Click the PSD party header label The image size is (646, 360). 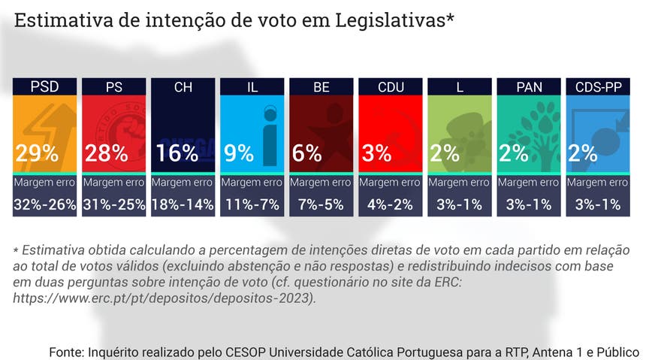[x=44, y=87]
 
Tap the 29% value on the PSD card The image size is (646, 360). [x=37, y=153]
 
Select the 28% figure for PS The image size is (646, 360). [x=106, y=153]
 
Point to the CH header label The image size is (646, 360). [x=183, y=87]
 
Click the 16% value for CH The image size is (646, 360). [x=177, y=153]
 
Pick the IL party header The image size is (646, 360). [x=252, y=87]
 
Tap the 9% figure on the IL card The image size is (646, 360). [x=239, y=153]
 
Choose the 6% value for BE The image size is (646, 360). [x=307, y=153]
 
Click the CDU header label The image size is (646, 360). [x=391, y=87]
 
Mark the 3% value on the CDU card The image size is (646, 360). [x=376, y=153]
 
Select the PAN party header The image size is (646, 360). [x=530, y=87]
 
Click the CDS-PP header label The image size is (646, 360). [x=599, y=87]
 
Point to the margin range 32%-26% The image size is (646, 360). [x=45, y=204]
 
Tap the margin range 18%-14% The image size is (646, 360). [x=183, y=204]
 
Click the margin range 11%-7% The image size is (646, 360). [x=252, y=204]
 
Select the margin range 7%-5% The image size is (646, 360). [x=321, y=204]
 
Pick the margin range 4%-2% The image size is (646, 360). [x=391, y=204]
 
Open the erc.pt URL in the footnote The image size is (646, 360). [x=165, y=298]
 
